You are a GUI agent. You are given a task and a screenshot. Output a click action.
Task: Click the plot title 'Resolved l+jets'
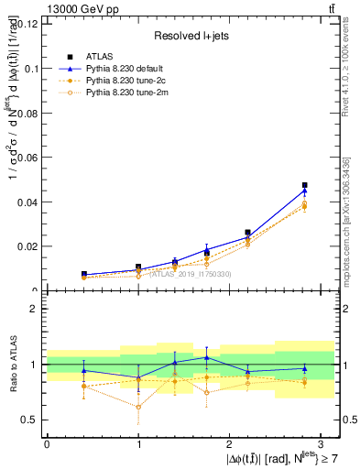(190, 35)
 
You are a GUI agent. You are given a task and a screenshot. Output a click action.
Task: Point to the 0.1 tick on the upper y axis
(30, 68)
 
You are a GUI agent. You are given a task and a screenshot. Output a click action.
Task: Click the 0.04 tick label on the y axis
(27, 202)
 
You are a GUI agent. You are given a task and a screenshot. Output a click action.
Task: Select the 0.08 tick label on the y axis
(27, 113)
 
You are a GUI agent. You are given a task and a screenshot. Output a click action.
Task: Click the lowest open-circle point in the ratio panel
(138, 407)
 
